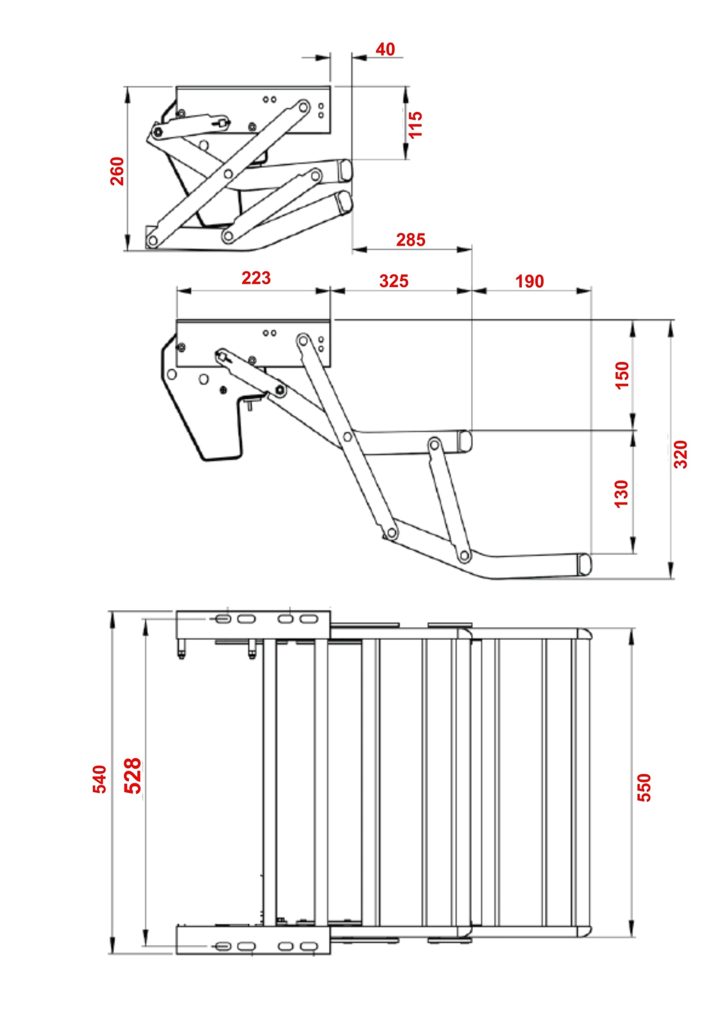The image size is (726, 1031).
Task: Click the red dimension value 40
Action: [x=385, y=49]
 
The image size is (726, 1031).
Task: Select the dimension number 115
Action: [x=415, y=125]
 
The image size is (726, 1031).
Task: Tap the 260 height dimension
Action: [x=117, y=171]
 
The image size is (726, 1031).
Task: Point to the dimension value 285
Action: [x=410, y=239]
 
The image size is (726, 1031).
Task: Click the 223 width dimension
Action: [x=256, y=278]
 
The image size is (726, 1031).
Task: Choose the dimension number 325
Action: [x=393, y=281]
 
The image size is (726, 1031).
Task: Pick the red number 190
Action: [x=529, y=281]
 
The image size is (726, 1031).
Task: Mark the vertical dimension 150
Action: [x=622, y=375]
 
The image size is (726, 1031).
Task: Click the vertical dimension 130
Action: [x=621, y=493]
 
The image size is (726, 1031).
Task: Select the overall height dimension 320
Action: [x=680, y=454]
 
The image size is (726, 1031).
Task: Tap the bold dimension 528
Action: [x=132, y=776]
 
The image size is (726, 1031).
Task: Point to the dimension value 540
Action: [x=99, y=779]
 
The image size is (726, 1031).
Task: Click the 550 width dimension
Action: [x=643, y=787]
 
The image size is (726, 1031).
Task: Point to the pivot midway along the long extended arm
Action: [x=347, y=437]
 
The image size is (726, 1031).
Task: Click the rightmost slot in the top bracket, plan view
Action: [x=308, y=619]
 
